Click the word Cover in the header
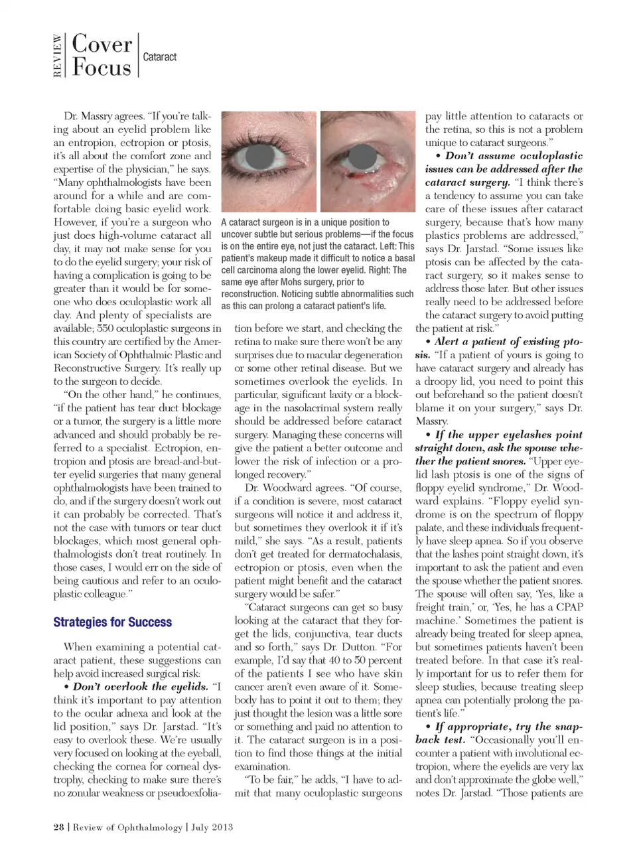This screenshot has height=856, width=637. pos(102,44)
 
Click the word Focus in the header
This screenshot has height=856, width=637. pos(102,68)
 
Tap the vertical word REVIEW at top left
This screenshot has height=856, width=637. pos(58,56)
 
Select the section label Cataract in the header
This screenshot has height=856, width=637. pos(160,57)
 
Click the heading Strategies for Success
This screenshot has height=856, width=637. pos(112,622)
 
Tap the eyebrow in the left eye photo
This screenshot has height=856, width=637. pos(265,126)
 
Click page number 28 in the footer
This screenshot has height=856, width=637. pos(58,827)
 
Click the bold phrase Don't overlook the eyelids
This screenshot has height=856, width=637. pos(141,687)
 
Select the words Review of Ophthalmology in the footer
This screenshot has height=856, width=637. pos(127,827)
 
